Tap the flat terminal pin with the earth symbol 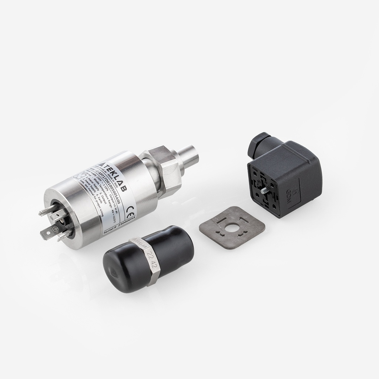click(47, 233)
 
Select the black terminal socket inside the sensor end click(59, 218)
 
